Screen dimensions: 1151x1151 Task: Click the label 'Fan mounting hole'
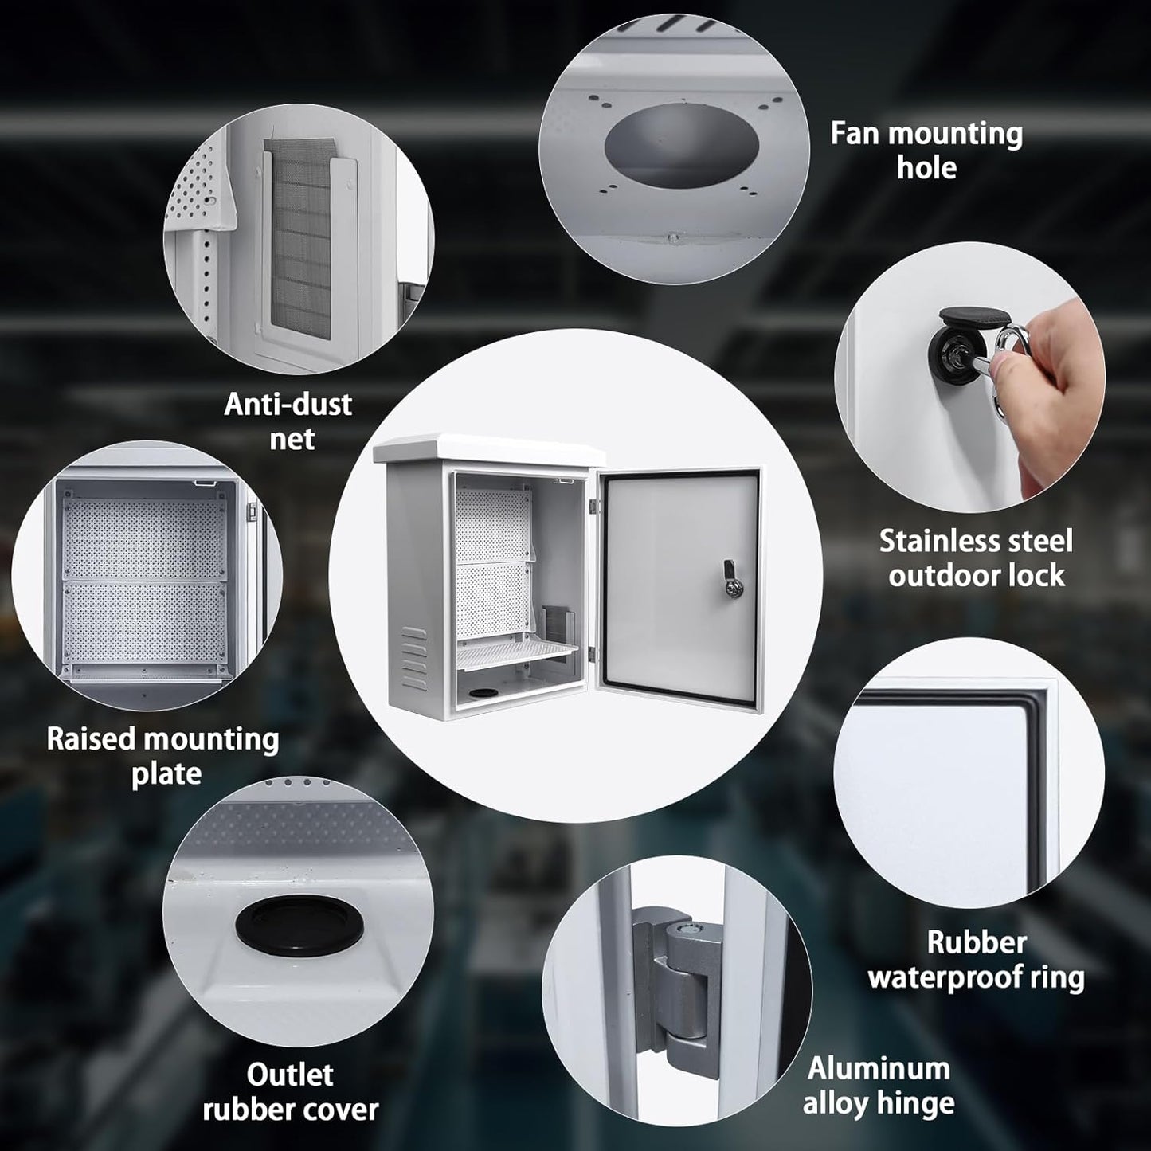click(x=926, y=151)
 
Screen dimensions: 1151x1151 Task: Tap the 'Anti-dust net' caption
click(x=288, y=421)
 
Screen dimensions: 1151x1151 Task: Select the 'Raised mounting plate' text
click(x=163, y=757)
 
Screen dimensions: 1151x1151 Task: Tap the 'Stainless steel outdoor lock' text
click(x=976, y=558)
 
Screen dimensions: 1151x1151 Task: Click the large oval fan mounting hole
click(x=682, y=144)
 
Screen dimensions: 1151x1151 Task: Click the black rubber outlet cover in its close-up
click(x=299, y=926)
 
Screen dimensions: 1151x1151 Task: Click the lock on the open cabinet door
click(x=730, y=578)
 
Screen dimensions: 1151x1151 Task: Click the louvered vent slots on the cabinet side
click(x=414, y=658)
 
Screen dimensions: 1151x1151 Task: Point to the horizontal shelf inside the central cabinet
click(x=517, y=653)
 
